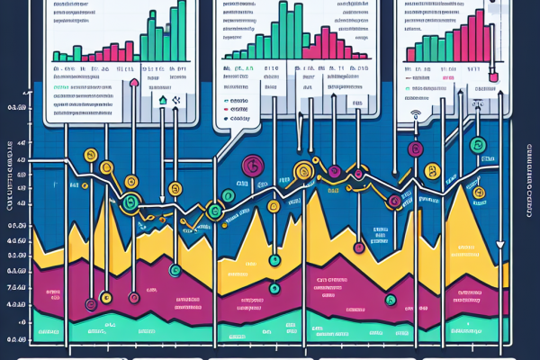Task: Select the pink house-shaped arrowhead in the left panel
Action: [134, 83]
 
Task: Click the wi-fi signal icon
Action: [417, 115]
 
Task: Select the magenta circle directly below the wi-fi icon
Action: [415, 149]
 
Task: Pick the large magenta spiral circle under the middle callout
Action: [253, 164]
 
